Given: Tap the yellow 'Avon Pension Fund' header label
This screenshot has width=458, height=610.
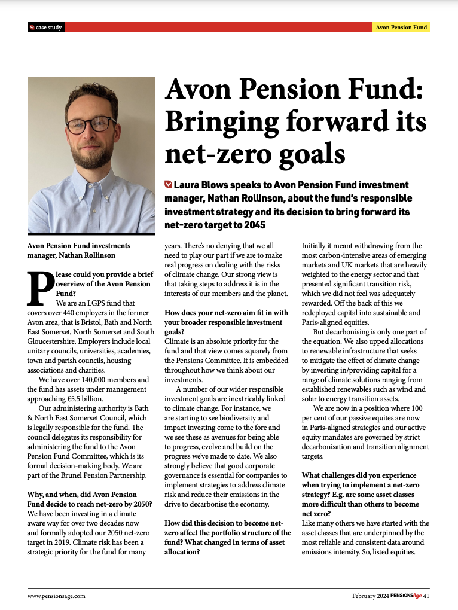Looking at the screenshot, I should tap(401, 28).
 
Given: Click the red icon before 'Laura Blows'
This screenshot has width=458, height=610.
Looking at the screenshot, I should tap(168, 185).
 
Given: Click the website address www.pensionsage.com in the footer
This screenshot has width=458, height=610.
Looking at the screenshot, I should tap(56, 596).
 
